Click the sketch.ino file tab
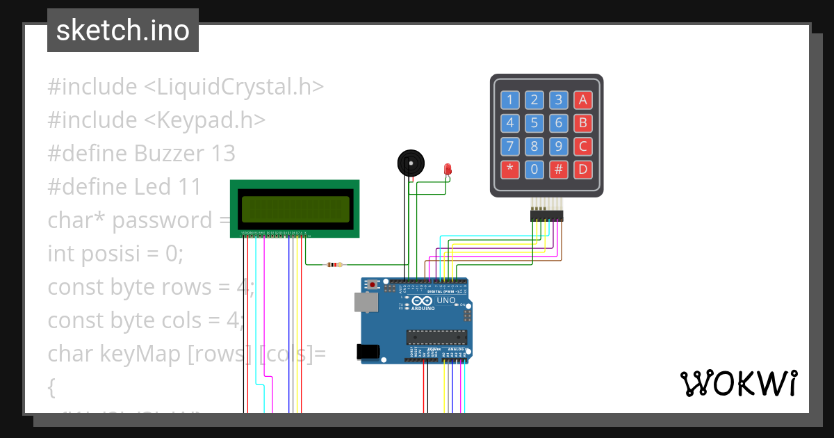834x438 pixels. pos(122,31)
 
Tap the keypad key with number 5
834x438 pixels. pos(534,124)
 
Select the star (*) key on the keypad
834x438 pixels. pos(509,169)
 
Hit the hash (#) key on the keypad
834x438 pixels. pos(558,169)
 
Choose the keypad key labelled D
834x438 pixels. pos(583,169)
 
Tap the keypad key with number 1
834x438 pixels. pos(509,100)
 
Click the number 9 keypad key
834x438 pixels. pos(558,147)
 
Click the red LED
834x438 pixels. pos(448,168)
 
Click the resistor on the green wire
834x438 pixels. pos(334,264)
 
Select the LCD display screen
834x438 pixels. pos(295,209)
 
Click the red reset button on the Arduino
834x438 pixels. pos(373,284)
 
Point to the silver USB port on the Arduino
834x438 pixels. pos(363,301)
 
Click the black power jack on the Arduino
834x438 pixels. pos(368,352)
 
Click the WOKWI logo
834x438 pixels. pos(738,383)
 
